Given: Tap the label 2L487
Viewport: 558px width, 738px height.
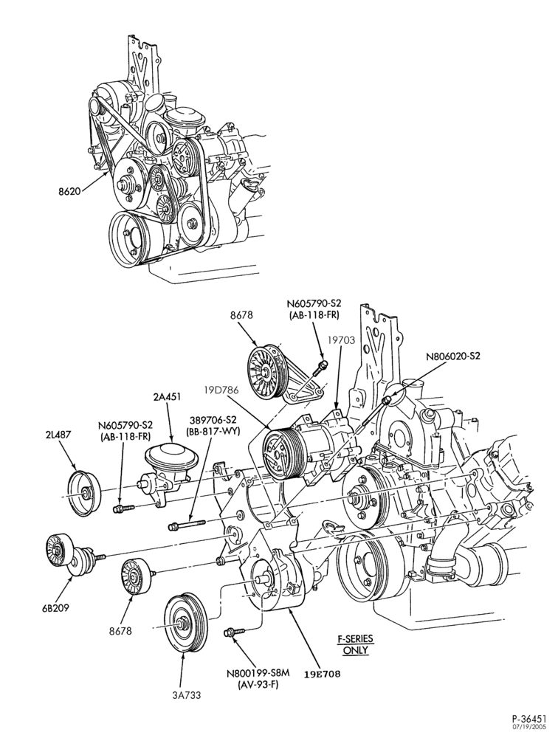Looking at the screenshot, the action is pos(58,435).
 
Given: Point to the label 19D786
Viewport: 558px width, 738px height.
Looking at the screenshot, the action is pos(221,390).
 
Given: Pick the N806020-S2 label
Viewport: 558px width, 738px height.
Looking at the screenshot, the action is pos(453,356).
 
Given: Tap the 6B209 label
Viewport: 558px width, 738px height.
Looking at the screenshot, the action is pos(55,607).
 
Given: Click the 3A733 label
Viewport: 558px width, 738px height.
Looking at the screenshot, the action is pos(186,694).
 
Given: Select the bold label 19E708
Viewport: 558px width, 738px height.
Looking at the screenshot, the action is pos(322,673).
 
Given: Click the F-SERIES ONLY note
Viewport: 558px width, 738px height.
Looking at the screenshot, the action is pos(356,645).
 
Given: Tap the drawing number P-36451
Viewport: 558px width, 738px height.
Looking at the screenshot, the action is pos(528,719).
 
